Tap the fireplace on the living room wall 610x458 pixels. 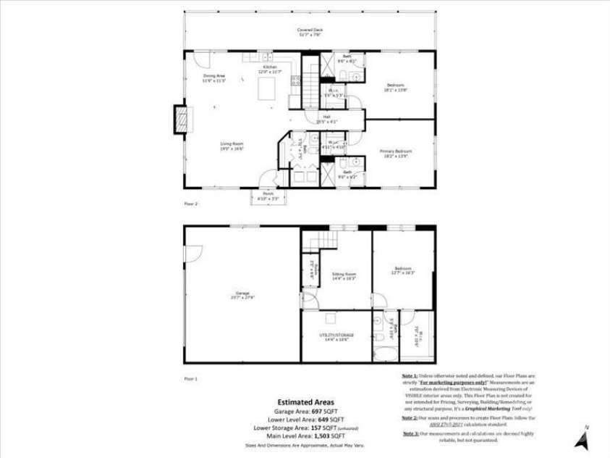(x=179, y=120)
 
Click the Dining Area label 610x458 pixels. (x=214, y=78)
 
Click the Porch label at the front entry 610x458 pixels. (x=263, y=196)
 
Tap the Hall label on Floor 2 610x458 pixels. (x=326, y=118)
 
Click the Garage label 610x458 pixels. (x=242, y=294)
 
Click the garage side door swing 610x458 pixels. (x=192, y=252)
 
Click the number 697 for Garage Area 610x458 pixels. (x=317, y=411)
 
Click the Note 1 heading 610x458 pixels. (x=410, y=375)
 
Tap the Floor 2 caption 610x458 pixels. (x=191, y=204)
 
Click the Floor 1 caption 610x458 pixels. (x=191, y=378)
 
